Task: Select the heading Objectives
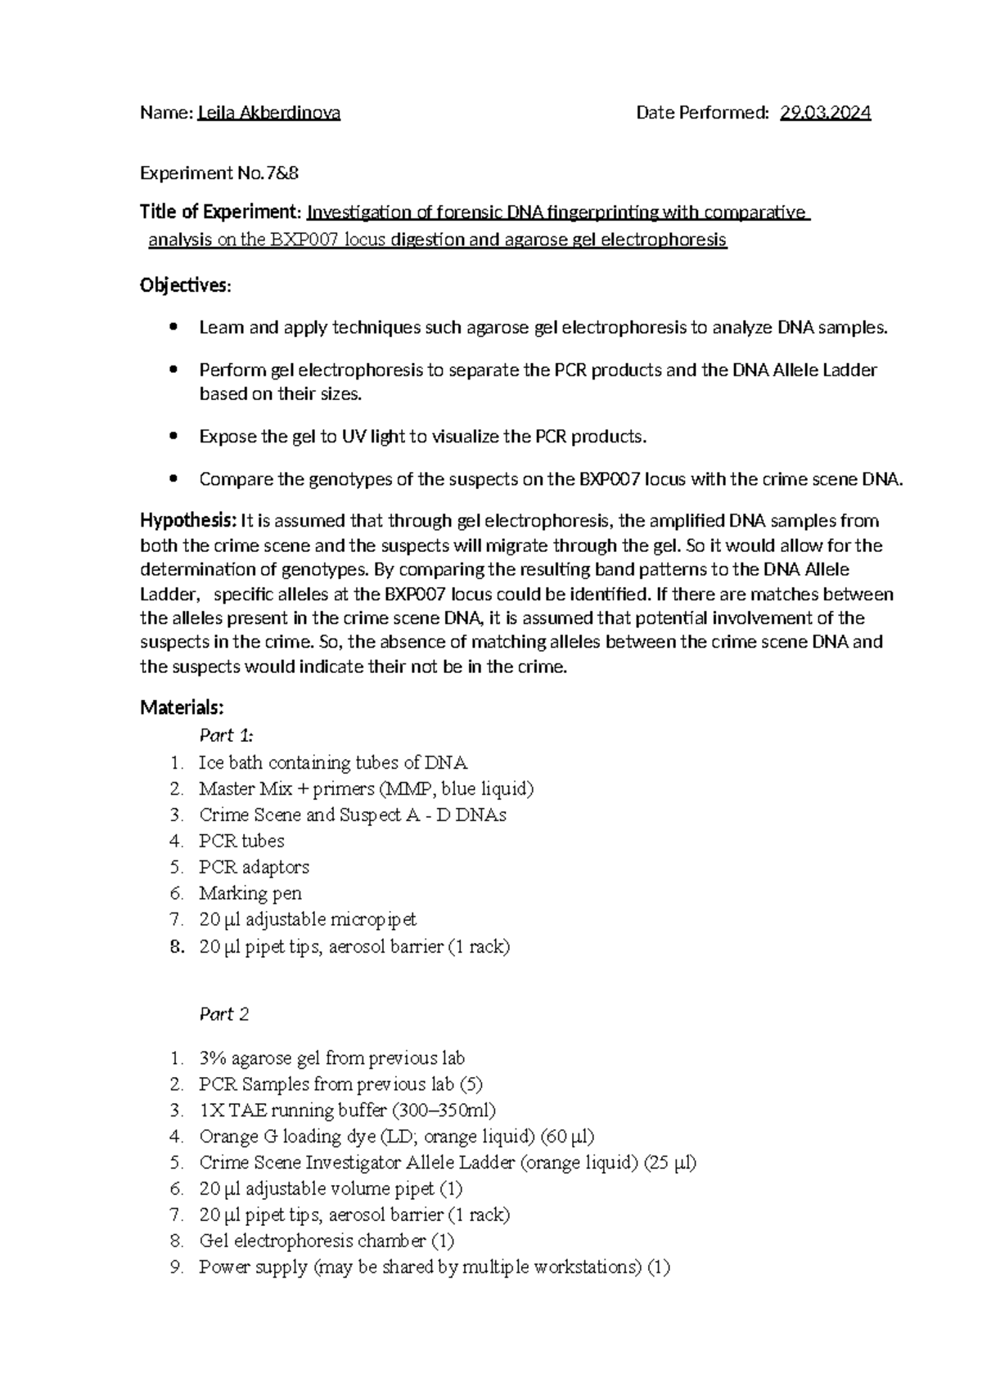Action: coord(185,286)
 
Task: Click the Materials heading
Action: coord(182,707)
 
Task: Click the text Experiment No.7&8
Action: coord(214,173)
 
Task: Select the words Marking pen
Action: coord(250,893)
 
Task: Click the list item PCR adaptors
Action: coord(254,867)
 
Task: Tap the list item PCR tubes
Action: coord(241,841)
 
